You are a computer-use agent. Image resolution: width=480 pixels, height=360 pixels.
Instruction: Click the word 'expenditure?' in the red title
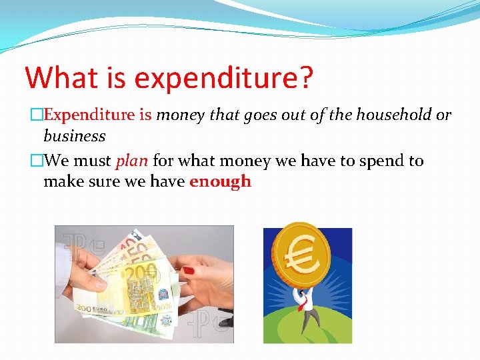(223, 79)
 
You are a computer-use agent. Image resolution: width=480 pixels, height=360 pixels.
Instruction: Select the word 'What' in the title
(64, 77)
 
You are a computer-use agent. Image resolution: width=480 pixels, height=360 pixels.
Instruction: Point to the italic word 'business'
(74, 136)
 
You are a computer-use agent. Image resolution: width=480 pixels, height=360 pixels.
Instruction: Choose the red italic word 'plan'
(132, 161)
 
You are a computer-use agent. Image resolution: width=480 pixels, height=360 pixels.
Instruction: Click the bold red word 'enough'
(220, 181)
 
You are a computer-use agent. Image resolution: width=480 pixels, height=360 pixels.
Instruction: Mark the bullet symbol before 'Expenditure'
(37, 115)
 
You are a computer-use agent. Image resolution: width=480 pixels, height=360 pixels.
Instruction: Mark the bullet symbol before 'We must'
(37, 161)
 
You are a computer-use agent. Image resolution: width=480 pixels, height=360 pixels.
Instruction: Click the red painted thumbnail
(189, 271)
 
